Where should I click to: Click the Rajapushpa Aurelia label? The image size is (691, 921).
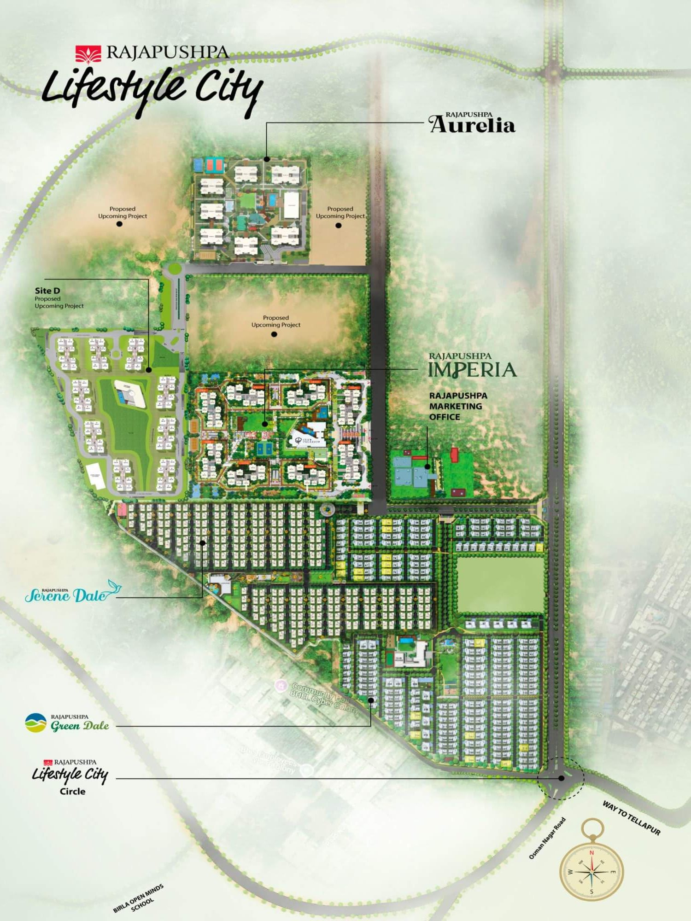472,123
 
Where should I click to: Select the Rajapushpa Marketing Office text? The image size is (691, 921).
458,406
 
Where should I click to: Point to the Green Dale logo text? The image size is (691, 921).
79,726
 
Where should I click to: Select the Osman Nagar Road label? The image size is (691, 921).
547,838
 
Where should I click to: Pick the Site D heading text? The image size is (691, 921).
47,291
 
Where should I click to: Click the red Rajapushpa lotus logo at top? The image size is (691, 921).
88,53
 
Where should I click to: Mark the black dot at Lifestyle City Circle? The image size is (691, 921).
561,778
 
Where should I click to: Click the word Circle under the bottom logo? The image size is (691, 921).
72,791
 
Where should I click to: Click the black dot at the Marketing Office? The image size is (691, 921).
427,466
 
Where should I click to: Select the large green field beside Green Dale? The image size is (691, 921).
500,584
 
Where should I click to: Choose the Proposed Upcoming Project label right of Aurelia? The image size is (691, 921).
340,212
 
